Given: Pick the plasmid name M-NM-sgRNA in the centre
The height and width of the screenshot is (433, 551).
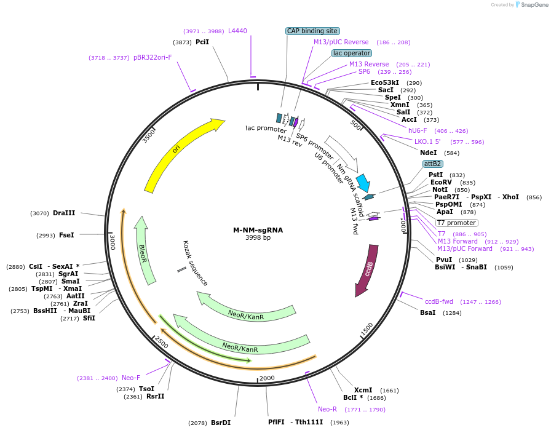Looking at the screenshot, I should click(x=258, y=230).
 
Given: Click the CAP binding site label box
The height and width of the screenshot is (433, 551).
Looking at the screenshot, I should click(x=312, y=31).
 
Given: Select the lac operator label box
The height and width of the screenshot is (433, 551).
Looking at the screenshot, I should click(x=351, y=53).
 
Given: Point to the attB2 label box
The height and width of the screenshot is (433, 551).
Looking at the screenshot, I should click(x=432, y=164).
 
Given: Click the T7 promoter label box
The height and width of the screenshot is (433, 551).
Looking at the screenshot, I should click(x=456, y=223).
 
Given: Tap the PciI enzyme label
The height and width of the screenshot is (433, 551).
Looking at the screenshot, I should click(x=202, y=42).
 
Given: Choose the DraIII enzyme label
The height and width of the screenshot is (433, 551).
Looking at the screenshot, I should click(x=64, y=213).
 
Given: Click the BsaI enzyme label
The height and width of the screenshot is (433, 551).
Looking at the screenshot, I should click(x=427, y=312).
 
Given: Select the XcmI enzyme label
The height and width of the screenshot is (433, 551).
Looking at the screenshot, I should click(x=363, y=390).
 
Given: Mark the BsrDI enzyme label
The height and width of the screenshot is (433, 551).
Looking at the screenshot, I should click(x=221, y=423).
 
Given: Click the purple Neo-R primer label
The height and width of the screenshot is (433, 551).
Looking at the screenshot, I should click(x=327, y=409).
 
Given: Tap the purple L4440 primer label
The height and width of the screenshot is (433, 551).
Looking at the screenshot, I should click(x=237, y=31).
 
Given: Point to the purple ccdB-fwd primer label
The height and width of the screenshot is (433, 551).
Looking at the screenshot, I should click(x=438, y=301).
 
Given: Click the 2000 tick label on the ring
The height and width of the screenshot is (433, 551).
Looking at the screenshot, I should click(x=267, y=378).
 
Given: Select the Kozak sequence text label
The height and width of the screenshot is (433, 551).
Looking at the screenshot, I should click(x=196, y=263).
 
